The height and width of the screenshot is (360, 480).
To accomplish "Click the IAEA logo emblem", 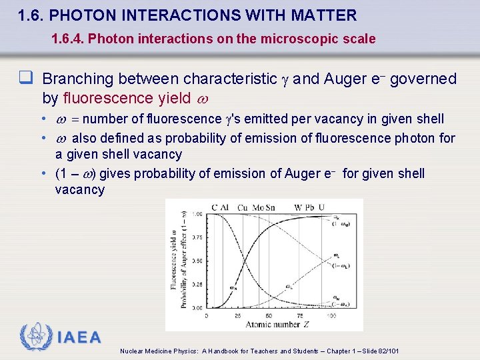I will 35,337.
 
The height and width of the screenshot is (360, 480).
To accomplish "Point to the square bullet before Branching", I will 27,79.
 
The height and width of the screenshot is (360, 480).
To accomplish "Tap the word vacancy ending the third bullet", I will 79,190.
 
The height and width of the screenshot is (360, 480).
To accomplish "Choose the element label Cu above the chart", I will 243,207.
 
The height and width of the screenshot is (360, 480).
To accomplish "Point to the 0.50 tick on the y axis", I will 197,261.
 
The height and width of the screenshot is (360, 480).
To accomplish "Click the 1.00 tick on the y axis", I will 197,214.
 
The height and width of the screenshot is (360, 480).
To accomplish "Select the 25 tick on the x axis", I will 238,315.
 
